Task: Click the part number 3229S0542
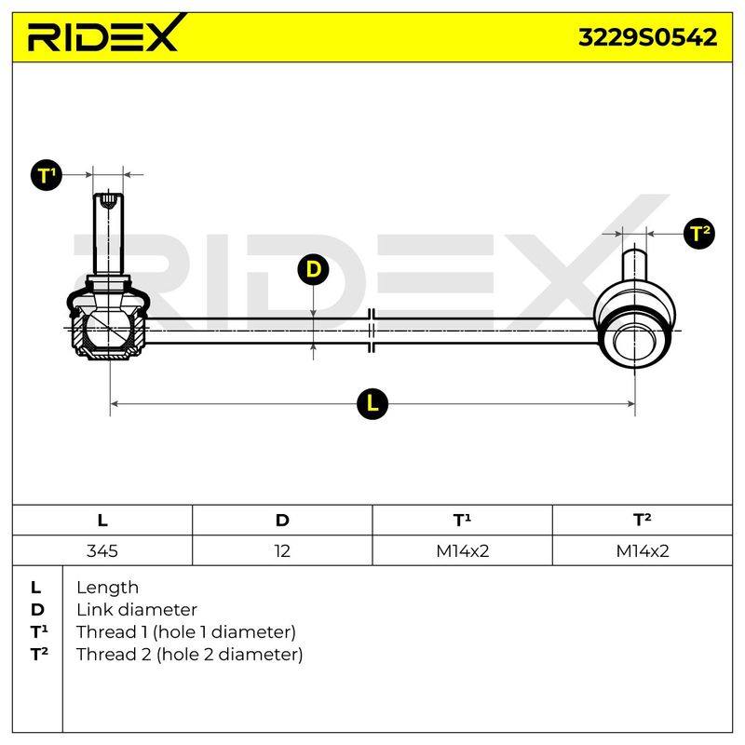647,37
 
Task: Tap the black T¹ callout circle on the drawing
46,175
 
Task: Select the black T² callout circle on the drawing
699,234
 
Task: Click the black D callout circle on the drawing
313,269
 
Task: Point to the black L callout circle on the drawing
372,404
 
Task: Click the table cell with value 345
102,550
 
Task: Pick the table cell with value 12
282,550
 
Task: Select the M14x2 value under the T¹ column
462,550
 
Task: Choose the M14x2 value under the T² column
643,550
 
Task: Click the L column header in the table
102,521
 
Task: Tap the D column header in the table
282,521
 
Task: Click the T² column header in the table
643,521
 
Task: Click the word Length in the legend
107,588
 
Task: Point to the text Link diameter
137,610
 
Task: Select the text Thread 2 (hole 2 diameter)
190,655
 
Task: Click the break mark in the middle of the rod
372,331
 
